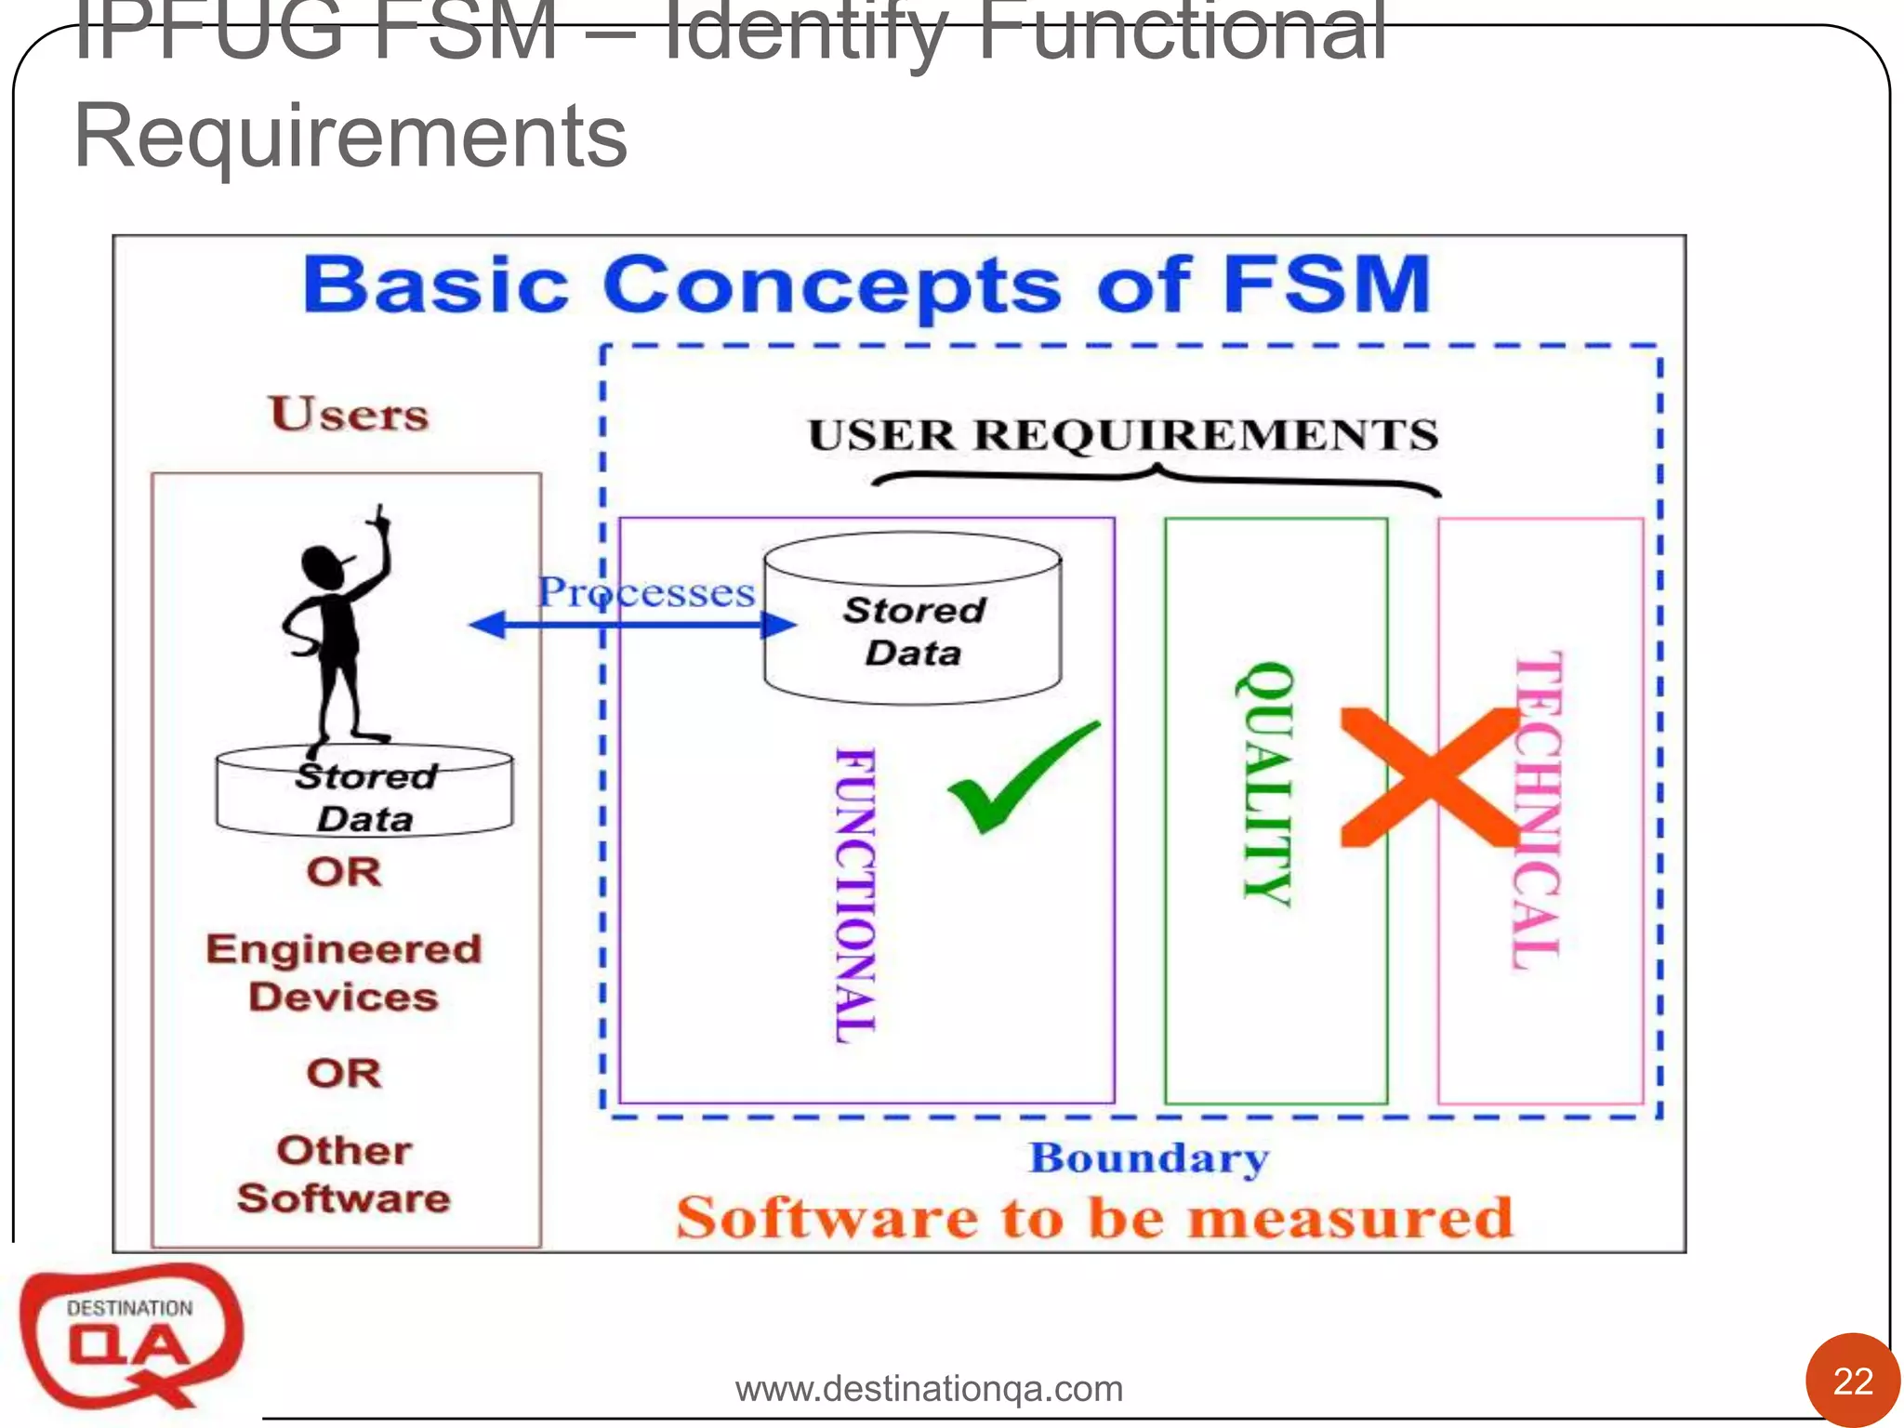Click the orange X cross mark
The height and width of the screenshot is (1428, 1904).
pyautogui.click(x=1429, y=777)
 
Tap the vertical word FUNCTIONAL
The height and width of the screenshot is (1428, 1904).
pyautogui.click(x=855, y=894)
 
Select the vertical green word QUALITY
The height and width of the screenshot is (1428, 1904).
pyautogui.click(x=1266, y=783)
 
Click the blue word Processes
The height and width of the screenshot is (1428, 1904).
pyautogui.click(x=647, y=592)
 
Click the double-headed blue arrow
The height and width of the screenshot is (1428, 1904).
pyautogui.click(x=632, y=624)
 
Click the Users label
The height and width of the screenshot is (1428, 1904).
pyautogui.click(x=350, y=415)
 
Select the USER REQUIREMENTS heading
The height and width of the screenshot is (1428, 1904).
pyautogui.click(x=1122, y=435)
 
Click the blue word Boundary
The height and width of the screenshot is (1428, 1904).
pyautogui.click(x=1148, y=1158)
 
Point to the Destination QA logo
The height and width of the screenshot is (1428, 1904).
pyautogui.click(x=130, y=1334)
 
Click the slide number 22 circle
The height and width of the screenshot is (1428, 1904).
pyautogui.click(x=1852, y=1382)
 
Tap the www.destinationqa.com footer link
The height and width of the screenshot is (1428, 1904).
pyautogui.click(x=929, y=1389)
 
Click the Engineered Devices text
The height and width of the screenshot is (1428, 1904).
pyautogui.click(x=344, y=972)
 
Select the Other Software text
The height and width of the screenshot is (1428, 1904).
pyautogui.click(x=344, y=1173)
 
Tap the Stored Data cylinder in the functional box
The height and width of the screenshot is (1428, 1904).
pyautogui.click(x=913, y=618)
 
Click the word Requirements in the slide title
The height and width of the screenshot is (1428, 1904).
pyautogui.click(x=350, y=137)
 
